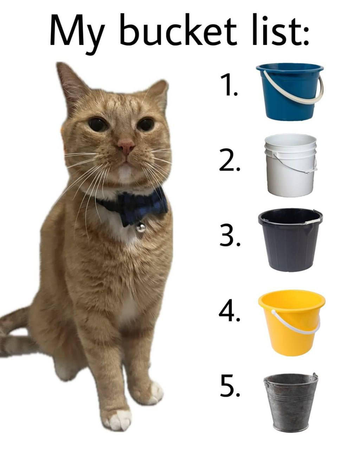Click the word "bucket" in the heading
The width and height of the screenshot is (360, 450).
[x=178, y=30]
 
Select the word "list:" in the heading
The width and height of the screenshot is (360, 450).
[x=280, y=30]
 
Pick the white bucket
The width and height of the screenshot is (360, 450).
[x=291, y=165]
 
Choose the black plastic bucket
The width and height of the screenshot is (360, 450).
[x=290, y=240]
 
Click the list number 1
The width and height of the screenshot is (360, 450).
[x=229, y=85]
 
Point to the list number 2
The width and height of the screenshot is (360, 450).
[x=230, y=160]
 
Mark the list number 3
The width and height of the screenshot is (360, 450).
[x=230, y=235]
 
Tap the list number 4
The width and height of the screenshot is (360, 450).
[x=230, y=310]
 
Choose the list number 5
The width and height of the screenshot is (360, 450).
[x=230, y=385]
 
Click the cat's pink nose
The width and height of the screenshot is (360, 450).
[x=126, y=146]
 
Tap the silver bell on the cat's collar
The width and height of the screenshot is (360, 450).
[x=140, y=227]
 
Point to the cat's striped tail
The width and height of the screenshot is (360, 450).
[x=17, y=333]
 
